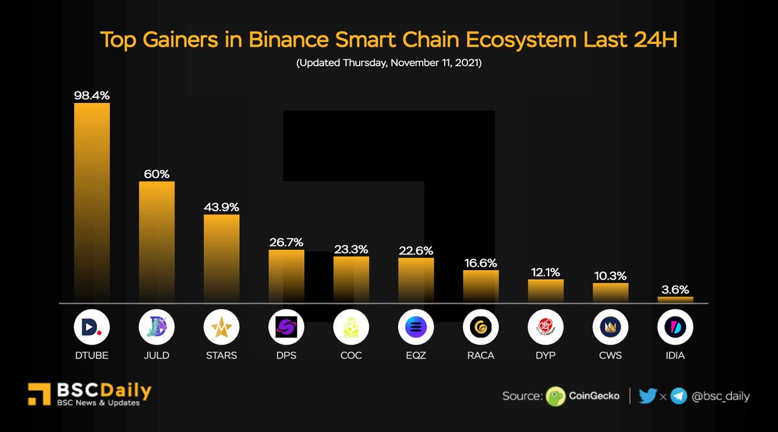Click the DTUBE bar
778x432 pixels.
coord(91,202)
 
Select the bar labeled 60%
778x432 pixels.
coord(156,241)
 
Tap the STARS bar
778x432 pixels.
coord(221,258)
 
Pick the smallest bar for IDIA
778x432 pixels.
coord(675,299)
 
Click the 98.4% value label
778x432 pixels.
coord(91,95)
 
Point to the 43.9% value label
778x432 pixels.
coord(221,207)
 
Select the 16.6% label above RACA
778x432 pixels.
coord(480,263)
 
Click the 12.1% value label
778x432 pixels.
coord(545,272)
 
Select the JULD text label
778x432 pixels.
coord(156,356)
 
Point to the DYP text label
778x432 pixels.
coord(545,356)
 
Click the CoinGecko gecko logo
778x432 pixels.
coord(556,396)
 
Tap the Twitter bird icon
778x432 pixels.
coord(647,396)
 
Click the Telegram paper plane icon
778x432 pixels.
coord(679,396)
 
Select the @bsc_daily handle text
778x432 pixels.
coord(720,396)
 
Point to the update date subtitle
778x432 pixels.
coord(388,64)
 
